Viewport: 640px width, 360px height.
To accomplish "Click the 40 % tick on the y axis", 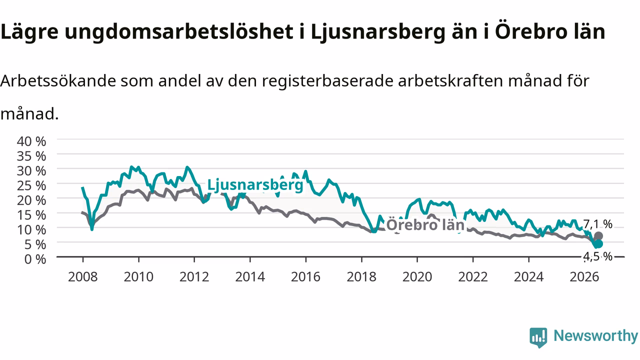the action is coord(31,141).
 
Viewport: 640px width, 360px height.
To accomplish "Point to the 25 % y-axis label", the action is coord(31,185).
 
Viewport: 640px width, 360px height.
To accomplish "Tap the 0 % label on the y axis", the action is coord(35,259).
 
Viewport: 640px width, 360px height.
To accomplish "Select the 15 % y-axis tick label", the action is coord(31,215).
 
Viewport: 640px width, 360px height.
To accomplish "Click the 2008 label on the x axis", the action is coord(83,277).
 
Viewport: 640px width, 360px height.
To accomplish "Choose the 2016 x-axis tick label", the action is coord(305,277).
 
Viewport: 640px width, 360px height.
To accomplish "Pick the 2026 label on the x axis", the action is coord(584,277).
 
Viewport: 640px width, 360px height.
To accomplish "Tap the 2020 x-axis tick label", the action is coord(417,277).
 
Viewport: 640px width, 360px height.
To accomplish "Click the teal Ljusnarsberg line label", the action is coord(255,185).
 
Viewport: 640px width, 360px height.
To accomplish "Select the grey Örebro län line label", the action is coord(425,225).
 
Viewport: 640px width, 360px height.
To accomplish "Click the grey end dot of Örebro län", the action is coord(598,236).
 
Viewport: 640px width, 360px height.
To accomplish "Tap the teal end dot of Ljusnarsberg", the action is coord(598,243).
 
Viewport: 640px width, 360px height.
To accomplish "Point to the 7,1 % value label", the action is coord(597,224).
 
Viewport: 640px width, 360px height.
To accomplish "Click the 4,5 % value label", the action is coord(597,256).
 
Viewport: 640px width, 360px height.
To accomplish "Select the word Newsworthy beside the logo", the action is coord(595,335).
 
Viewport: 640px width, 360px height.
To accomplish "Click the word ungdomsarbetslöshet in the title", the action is coord(179,32).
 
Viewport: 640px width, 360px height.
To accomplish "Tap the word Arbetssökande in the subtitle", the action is coord(58,81).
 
